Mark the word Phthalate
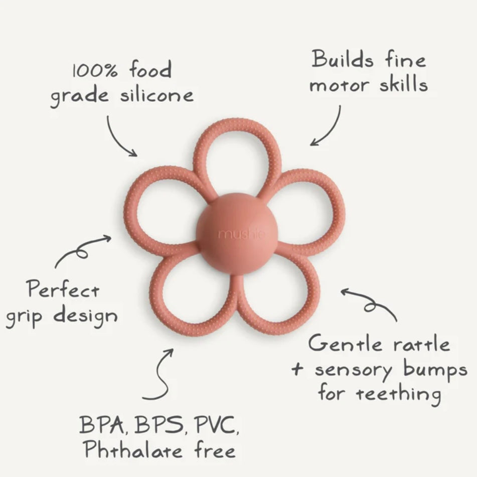[x=131, y=450]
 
